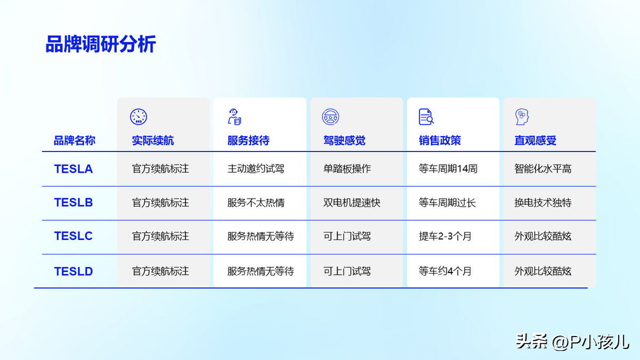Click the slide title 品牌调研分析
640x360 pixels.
coord(101,44)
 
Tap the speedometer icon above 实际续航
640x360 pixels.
coord(139,117)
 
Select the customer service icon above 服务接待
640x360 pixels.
coord(235,117)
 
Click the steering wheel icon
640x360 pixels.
coord(331,117)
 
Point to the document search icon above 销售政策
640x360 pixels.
coord(426,117)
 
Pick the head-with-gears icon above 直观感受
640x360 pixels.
coord(522,117)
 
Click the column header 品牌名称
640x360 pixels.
coord(75,141)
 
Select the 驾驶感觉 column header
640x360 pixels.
coord(345,141)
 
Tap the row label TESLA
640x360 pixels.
coord(74,169)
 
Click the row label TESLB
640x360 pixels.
coord(74,203)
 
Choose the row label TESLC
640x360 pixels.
coord(74,236)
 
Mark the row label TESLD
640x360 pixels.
coord(74,271)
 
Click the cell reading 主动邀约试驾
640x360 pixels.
coord(255,169)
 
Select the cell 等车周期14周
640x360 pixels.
coord(448,169)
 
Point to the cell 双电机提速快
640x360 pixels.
coord(351,203)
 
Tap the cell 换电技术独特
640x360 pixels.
coord(543,203)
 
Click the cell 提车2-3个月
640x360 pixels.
coord(445,236)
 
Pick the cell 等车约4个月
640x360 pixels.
coord(445,271)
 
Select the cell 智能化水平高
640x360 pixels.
coord(543,169)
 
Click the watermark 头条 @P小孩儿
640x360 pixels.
coord(572,342)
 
